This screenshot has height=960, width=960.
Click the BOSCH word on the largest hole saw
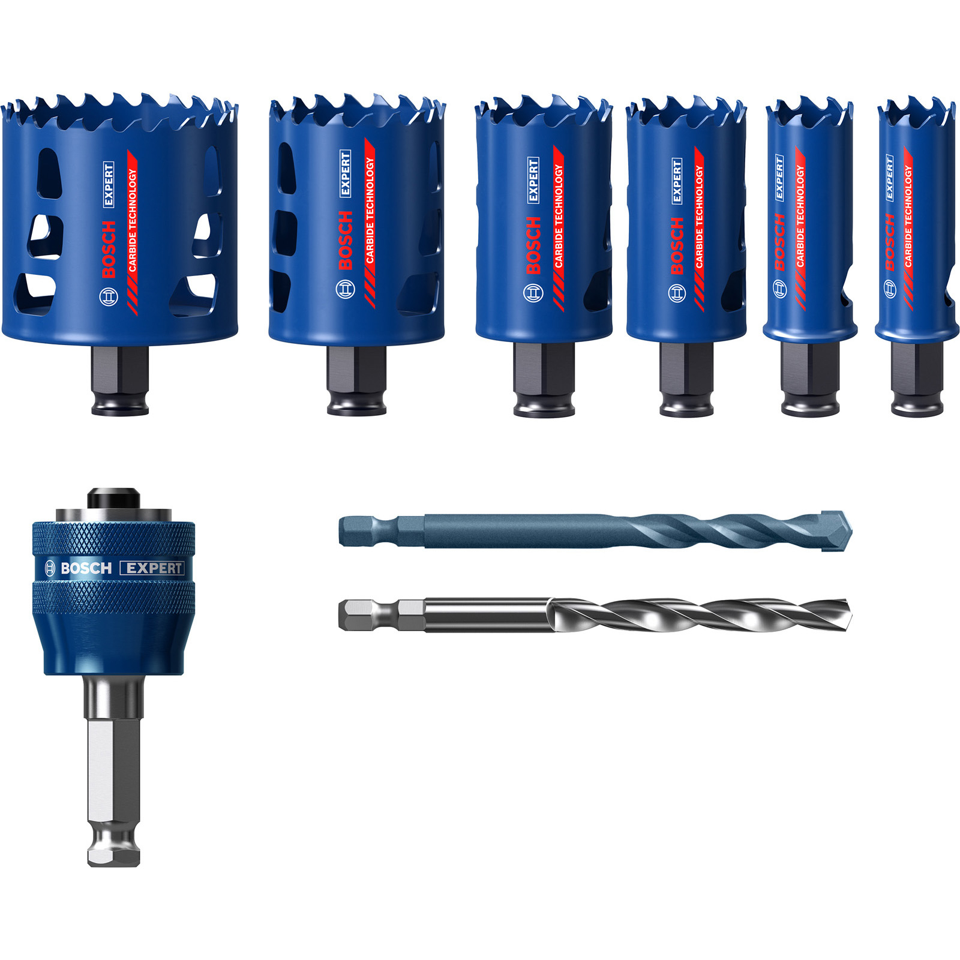coord(109,249)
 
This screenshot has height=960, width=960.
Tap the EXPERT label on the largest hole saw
coord(109,184)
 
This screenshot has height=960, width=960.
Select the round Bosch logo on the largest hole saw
coord(109,296)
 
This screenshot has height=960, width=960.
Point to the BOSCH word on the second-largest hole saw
coord(346,240)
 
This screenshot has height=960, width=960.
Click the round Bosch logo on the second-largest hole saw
coord(346,290)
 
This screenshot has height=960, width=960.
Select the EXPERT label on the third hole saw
coord(533,179)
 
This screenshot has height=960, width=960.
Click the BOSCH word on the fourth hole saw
coord(677,245)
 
